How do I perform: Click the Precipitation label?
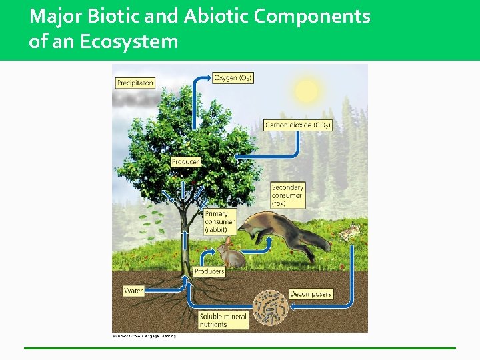pos(135,83)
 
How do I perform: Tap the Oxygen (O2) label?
pos(233,78)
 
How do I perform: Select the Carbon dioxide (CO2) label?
pos(297,125)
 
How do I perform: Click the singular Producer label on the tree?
pos(185,161)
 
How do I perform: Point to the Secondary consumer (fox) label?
pos(288,195)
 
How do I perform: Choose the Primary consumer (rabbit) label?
pos(217,222)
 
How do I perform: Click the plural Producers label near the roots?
pos(209,271)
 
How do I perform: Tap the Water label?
pos(134,291)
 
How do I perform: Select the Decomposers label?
pos(311,294)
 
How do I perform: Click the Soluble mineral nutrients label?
pos(223,320)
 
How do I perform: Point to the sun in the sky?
pos(306,91)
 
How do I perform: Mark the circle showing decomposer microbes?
pos(271,308)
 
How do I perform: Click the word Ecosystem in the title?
pos(129,41)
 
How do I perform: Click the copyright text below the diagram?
pos(144,336)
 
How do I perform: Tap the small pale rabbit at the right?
pos(349,233)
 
